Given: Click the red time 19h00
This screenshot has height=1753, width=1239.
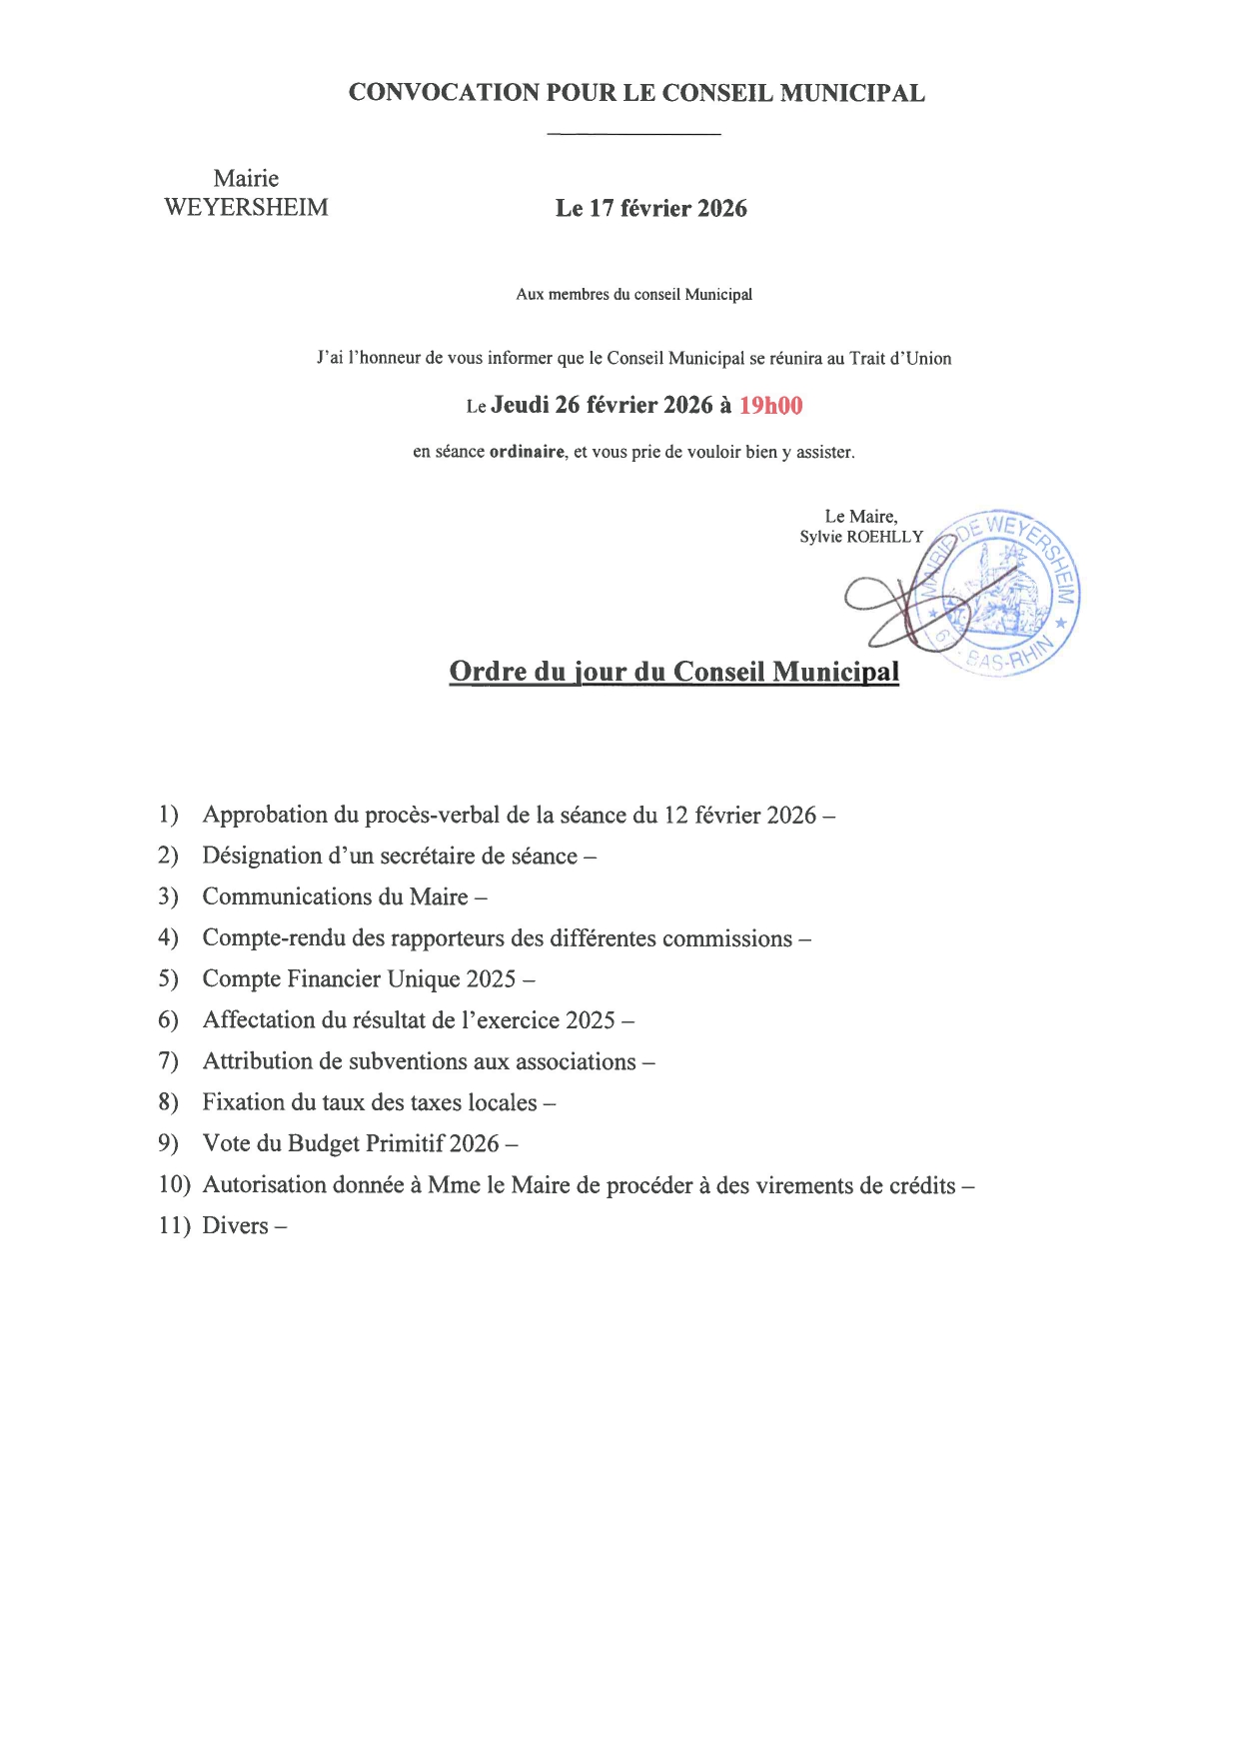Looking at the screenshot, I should point(770,405).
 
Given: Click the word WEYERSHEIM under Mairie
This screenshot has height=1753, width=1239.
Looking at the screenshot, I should point(246,208).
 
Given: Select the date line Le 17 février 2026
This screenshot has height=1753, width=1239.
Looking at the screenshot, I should point(650,208).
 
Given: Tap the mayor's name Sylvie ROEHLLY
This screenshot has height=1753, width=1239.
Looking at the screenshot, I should point(861,537).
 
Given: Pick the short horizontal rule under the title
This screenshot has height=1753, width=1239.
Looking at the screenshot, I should point(633,134).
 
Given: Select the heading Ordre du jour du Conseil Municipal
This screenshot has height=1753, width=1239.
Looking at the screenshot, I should point(673,672).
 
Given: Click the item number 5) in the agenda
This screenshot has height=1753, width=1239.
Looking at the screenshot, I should point(168,978).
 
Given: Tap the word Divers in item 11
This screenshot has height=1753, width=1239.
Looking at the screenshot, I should point(235,1225).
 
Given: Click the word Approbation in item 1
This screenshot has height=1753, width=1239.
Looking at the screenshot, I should point(265,816).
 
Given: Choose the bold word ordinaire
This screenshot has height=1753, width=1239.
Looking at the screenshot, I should point(527,452).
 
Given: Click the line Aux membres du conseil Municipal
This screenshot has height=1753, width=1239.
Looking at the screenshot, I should point(633,295).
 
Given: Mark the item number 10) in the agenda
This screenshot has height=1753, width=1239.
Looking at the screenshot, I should point(174,1184).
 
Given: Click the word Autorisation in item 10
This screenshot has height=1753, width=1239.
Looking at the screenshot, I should point(265,1184).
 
